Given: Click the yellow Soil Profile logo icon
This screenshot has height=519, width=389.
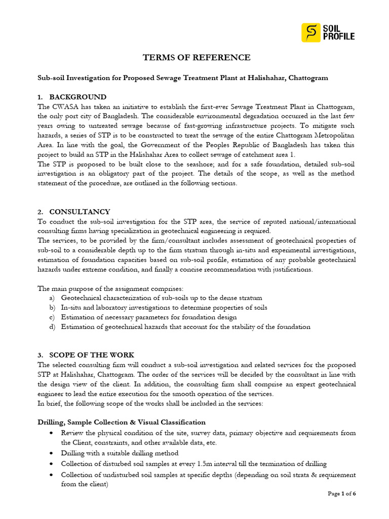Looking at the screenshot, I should pyautogui.click(x=311, y=32).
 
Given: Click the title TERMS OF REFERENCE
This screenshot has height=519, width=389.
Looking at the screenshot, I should pyautogui.click(x=197, y=58).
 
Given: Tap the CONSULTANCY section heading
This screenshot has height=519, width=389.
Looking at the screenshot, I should pyautogui.click(x=80, y=211).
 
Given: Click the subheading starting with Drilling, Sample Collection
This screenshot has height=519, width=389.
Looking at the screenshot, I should pyautogui.click(x=122, y=422).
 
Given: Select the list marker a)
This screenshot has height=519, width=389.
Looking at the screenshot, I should pyautogui.click(x=52, y=298).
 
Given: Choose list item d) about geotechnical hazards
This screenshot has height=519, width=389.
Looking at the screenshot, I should pyautogui.click(x=185, y=327).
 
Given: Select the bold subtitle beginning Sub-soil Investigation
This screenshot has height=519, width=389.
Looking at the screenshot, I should pyautogui.click(x=183, y=78).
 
